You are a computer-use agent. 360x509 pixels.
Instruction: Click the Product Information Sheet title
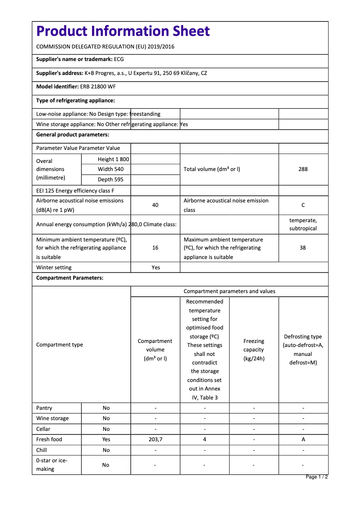[x=123, y=31]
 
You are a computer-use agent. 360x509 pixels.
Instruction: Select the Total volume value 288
[x=303, y=169]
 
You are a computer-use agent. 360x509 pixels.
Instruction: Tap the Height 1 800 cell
[x=113, y=159]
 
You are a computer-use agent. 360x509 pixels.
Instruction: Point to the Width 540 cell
[x=110, y=169]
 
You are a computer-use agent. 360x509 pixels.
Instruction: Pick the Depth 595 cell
[x=110, y=180]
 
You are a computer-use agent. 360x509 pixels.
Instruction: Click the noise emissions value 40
[x=155, y=205]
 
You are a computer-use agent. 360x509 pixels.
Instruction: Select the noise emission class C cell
[x=303, y=205]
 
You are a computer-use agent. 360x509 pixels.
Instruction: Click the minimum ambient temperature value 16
[x=155, y=248]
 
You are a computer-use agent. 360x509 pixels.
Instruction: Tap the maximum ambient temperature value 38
[x=303, y=248]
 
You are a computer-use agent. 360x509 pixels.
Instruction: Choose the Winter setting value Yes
[x=155, y=268]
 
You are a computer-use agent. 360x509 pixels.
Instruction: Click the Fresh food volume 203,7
[x=155, y=439]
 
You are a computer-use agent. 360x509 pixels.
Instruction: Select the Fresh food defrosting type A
[x=303, y=439]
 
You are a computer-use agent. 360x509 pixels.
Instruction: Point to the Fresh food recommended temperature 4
[x=205, y=439]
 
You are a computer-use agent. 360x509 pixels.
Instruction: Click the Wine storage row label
[x=53, y=418]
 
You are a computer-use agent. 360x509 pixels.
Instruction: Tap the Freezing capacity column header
[x=254, y=350]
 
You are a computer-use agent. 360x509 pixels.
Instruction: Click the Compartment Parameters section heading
[x=70, y=278]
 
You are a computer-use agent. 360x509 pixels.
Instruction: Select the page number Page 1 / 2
[x=316, y=477]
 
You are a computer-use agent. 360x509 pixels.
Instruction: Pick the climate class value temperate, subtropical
[x=303, y=224]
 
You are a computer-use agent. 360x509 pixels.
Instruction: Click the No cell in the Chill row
[x=106, y=450]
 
